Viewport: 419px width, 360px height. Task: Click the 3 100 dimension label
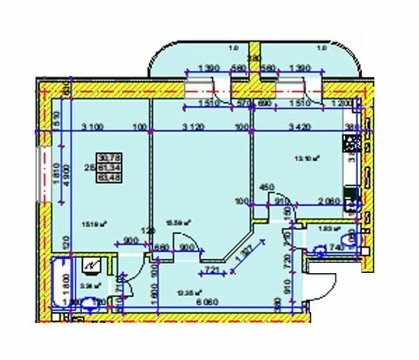point(94,126)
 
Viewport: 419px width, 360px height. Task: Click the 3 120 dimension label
point(195,126)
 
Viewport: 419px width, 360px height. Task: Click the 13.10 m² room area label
point(308,156)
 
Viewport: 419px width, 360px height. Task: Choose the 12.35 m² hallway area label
point(186,291)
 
